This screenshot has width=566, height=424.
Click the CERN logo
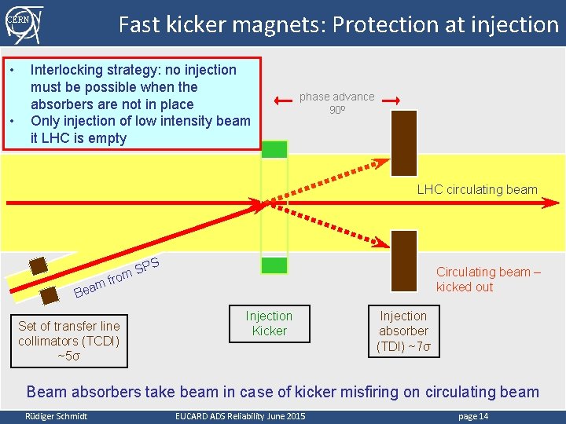point(21,23)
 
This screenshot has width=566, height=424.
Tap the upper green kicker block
point(274,148)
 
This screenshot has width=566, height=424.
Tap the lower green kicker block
point(274,265)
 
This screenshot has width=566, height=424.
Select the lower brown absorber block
point(404,261)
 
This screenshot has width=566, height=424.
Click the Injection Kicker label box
point(269,323)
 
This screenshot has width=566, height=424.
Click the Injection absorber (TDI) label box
point(403,331)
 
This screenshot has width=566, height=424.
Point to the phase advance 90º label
point(336,103)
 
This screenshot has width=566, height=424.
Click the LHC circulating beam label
point(477,189)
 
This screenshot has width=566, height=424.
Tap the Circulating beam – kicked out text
point(488,280)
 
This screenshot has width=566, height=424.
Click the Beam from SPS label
point(117,280)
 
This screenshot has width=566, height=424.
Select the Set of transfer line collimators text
point(69,341)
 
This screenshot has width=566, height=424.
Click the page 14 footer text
point(472,416)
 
